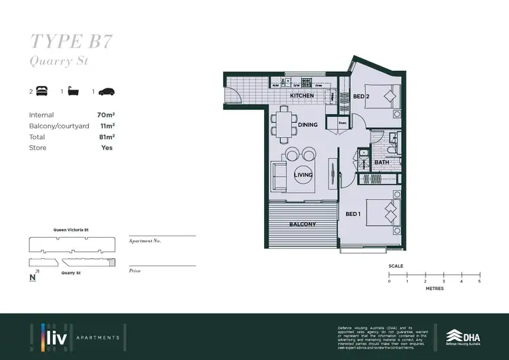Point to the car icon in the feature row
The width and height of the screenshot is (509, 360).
(x=107, y=91)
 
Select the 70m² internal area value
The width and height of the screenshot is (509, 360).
(x=105, y=115)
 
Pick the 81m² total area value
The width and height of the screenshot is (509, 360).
(x=105, y=137)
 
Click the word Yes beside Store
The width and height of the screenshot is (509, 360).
(x=107, y=147)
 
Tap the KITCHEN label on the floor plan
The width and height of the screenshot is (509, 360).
(x=302, y=96)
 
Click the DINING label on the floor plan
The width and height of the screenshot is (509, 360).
(x=308, y=125)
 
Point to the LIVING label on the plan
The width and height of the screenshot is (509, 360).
(x=303, y=175)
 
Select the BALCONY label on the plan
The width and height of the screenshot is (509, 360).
(x=303, y=224)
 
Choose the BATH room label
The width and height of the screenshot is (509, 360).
(x=381, y=162)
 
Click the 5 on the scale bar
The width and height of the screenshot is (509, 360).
(x=479, y=281)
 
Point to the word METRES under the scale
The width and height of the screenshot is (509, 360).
(x=434, y=289)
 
